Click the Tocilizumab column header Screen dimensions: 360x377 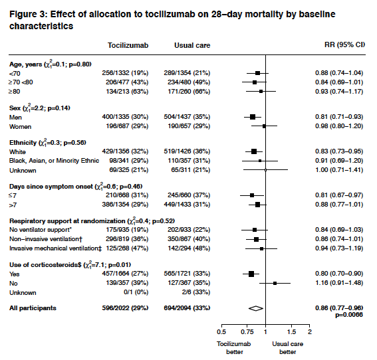(128, 45)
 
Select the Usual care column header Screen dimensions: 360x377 (191, 45)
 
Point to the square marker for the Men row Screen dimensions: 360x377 (253, 116)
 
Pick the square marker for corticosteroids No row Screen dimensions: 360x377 (275, 283)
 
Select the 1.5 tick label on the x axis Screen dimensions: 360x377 (291, 331)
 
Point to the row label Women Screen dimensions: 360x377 (21, 126)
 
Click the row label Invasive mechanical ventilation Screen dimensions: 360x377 (53, 248)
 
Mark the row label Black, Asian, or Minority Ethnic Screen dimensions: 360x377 (54, 160)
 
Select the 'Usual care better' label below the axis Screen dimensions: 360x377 (287, 347)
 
